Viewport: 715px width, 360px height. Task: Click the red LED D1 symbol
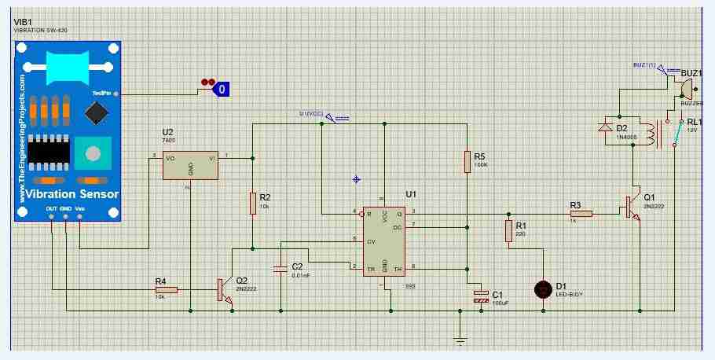(x=541, y=289)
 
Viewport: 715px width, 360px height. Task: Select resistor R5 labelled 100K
(x=467, y=161)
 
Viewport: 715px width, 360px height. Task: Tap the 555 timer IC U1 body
(x=383, y=240)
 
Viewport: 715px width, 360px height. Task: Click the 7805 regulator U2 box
(x=190, y=165)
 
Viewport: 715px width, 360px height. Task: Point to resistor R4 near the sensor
(x=166, y=290)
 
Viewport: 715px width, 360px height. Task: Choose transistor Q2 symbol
(x=224, y=289)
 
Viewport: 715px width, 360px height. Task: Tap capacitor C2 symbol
(x=280, y=270)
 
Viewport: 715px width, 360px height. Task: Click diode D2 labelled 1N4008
(x=605, y=127)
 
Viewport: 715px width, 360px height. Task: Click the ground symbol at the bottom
(x=460, y=340)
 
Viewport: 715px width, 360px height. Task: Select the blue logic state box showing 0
(x=222, y=90)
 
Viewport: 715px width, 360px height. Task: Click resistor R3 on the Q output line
(x=581, y=213)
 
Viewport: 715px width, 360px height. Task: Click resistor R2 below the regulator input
(x=253, y=202)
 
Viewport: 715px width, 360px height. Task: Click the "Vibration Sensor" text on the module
(x=71, y=194)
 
